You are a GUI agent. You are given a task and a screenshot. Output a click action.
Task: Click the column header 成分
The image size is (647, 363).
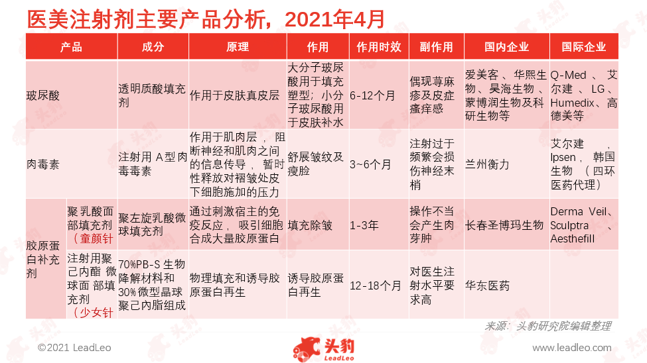click(153, 47)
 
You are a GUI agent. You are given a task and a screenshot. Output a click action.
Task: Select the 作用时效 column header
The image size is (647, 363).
click(379, 47)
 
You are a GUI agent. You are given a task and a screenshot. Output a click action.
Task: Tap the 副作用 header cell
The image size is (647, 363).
click(436, 47)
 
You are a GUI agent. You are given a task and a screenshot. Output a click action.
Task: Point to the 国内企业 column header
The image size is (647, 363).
click(507, 47)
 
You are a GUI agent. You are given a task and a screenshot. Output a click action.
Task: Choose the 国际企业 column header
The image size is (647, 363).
click(584, 47)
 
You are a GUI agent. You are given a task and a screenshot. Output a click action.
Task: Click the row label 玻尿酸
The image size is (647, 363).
click(43, 95)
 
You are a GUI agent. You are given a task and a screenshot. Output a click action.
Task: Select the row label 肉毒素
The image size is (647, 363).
click(43, 164)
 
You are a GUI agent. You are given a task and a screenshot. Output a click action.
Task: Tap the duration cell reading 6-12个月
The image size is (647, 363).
click(372, 95)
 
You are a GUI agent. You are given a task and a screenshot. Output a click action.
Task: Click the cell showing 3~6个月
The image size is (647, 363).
click(370, 164)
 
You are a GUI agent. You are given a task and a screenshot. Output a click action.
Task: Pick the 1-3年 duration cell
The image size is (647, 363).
click(364, 225)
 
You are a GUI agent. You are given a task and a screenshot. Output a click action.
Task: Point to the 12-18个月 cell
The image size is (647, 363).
click(375, 285)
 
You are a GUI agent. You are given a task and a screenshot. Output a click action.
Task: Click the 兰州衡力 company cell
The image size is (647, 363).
click(487, 164)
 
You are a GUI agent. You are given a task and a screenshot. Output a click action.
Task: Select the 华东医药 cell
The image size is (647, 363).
click(487, 285)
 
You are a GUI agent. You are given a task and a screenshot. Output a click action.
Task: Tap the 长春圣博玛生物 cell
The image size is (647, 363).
click(504, 225)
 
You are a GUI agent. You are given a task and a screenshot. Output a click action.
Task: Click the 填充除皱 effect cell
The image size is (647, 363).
click(310, 225)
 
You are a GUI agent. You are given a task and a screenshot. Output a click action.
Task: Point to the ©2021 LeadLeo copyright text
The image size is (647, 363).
click(74, 348)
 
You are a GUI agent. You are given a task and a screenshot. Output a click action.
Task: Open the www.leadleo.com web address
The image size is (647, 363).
click(572, 348)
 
